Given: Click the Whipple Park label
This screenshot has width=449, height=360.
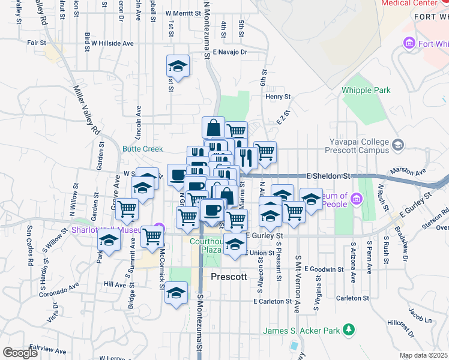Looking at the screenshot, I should point(366,90).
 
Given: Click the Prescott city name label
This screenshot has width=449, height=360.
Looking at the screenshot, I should point(229,277).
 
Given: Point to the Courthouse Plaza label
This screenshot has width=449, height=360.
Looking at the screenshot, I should point(206,245).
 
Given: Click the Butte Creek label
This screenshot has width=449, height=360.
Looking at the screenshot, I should point(143,149).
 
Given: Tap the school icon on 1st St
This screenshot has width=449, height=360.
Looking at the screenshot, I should point(178,65).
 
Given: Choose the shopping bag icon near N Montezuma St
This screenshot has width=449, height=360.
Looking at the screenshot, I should point(213,127).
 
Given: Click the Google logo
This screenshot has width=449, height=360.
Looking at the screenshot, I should point(20,353).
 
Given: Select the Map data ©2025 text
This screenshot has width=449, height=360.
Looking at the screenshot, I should point(424,355).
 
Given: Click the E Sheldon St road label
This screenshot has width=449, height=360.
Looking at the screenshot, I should point(328,176).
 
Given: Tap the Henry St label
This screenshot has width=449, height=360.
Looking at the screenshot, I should point(278,96).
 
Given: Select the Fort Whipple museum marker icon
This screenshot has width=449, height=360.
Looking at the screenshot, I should point(410,43).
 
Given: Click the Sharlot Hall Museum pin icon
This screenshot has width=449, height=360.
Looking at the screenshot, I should point(159,227).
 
